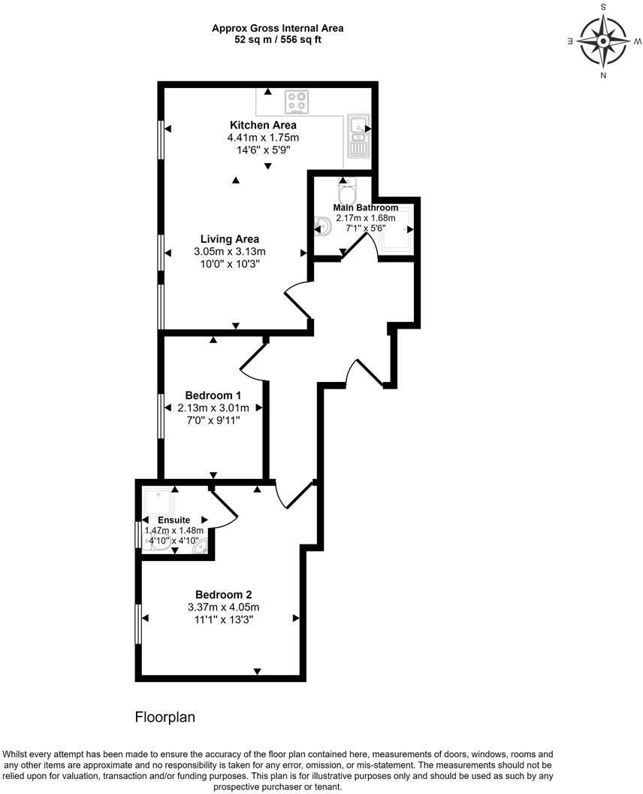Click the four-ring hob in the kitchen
[x=297, y=101]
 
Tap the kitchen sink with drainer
[x=358, y=136]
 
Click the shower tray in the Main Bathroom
[x=396, y=229]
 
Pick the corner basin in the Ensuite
[x=200, y=550]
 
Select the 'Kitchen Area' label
[x=263, y=125]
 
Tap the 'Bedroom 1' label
[x=213, y=395]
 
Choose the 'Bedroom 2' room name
[x=224, y=593]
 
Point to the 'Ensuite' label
[x=174, y=520]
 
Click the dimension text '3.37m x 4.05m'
[x=224, y=608]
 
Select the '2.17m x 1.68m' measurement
[x=366, y=218]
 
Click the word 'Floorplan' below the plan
[x=165, y=717]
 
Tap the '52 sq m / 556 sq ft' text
[x=277, y=40]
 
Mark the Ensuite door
[x=225, y=505]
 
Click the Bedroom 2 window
[x=137, y=623]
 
